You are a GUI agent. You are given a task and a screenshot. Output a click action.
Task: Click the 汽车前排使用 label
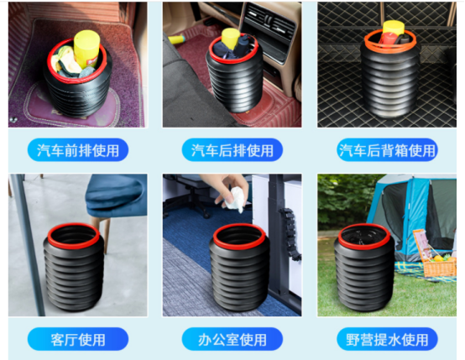(78, 150)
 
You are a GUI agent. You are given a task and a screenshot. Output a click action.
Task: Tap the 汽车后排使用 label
(232, 150)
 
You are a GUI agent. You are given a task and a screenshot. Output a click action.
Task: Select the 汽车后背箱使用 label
(387, 150)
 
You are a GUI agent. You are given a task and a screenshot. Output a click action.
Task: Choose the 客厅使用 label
(78, 339)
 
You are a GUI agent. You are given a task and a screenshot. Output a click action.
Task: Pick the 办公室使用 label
(232, 339)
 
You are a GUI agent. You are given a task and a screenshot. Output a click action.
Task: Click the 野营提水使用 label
(387, 339)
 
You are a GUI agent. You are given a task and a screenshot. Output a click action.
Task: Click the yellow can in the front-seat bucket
(86, 49)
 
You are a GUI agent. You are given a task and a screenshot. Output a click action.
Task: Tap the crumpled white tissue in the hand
(235, 199)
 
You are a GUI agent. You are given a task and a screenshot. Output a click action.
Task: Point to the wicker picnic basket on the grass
(435, 254)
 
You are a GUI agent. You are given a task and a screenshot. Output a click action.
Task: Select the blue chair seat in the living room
(117, 196)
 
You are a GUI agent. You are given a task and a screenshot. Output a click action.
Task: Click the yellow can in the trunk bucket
(394, 28)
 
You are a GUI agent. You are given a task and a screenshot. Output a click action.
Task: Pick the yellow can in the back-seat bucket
(231, 38)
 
